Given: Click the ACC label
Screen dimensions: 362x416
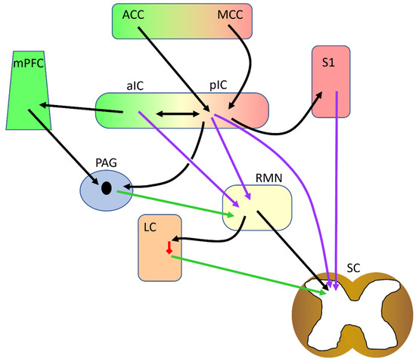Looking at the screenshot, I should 133,14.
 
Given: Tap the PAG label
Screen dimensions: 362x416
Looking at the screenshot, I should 105,162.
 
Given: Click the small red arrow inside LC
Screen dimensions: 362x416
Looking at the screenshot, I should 169,248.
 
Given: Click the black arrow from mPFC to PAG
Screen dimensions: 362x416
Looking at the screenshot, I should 68,147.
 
